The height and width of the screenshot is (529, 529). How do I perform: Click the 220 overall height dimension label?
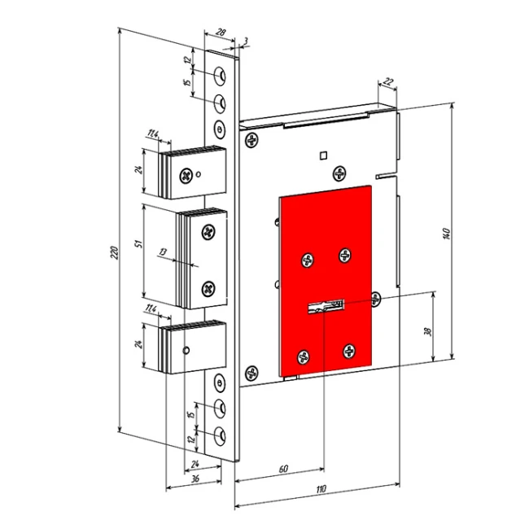(x=115, y=252)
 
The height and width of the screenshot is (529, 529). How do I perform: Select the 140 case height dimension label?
(x=446, y=234)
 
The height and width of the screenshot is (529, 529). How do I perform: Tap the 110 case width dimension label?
(x=321, y=489)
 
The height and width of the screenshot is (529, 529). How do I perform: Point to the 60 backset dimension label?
(x=283, y=469)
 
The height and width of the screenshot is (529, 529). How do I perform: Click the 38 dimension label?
(x=427, y=332)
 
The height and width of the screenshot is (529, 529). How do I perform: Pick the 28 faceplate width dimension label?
(x=221, y=33)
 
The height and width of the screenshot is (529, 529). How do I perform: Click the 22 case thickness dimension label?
(x=389, y=81)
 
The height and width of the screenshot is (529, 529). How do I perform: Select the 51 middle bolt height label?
(x=138, y=243)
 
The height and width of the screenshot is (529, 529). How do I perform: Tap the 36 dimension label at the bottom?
(x=195, y=479)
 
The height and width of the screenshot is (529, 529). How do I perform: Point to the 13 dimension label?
(x=163, y=252)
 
